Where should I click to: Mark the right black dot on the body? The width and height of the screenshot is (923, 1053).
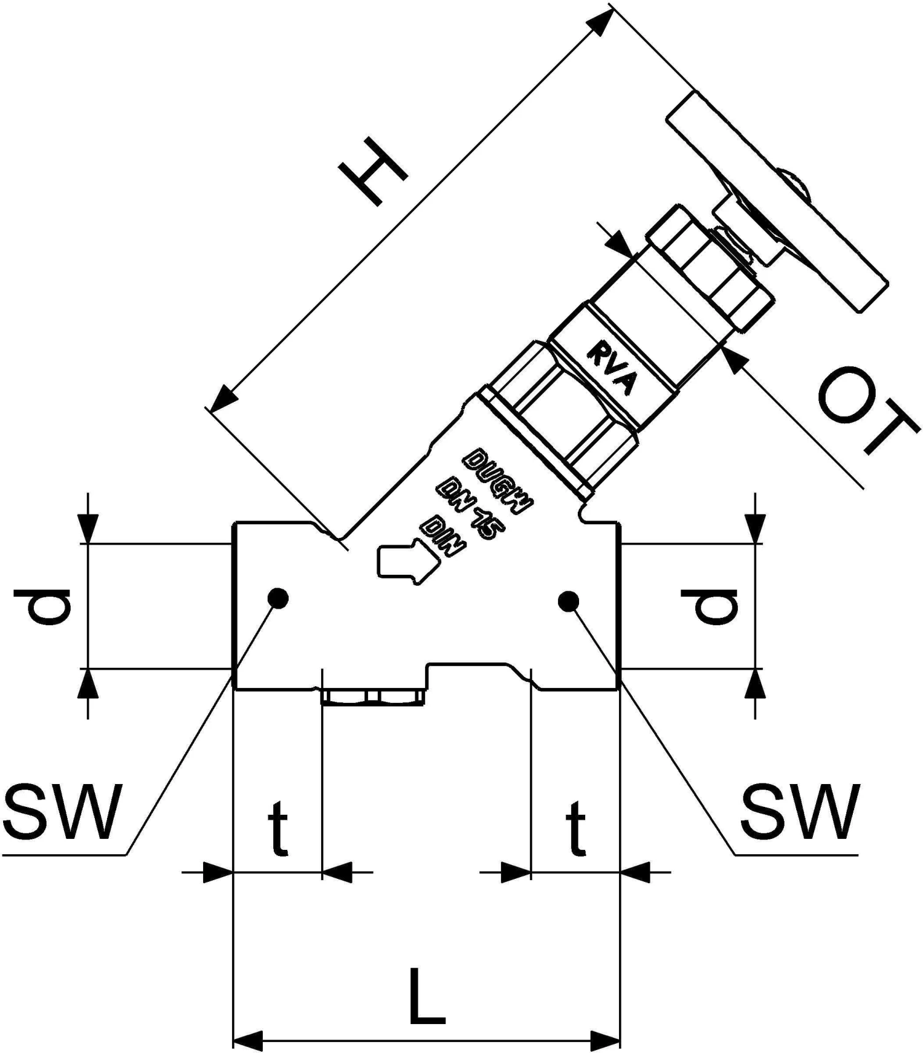point(568,601)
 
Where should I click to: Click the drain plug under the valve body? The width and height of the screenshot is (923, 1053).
point(372,697)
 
